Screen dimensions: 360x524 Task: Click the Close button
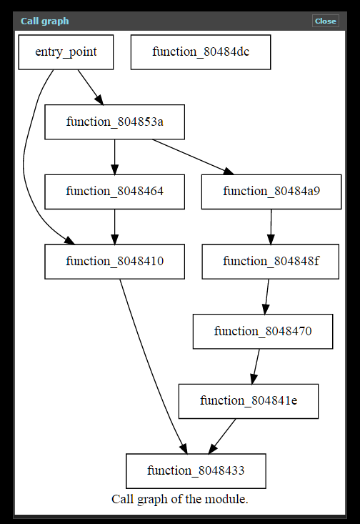point(325,21)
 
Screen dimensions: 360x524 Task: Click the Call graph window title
point(45,21)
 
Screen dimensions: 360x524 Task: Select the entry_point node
point(66,52)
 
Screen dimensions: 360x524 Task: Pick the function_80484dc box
point(201,52)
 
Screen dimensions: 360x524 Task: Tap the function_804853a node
point(114,122)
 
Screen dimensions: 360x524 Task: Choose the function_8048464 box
point(114,192)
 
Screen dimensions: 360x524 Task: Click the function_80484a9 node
point(271,192)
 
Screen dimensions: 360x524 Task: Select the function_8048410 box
point(114,262)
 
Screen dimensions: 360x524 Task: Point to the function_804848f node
point(271,262)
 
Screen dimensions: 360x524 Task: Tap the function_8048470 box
point(263,332)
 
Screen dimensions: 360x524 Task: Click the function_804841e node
point(249,401)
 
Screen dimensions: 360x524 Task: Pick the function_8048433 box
point(196,471)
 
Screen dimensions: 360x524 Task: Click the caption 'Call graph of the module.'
point(180,499)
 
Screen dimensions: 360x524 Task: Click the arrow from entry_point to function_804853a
point(91,87)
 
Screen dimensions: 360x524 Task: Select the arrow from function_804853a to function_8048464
point(114,157)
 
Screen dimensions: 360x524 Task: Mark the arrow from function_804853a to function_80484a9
point(193,157)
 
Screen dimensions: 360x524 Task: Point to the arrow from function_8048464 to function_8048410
point(114,227)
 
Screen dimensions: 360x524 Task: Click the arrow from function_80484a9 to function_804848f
point(271,227)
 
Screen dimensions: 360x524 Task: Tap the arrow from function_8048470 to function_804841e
point(256,367)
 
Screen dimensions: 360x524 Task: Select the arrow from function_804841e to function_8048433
point(222,437)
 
